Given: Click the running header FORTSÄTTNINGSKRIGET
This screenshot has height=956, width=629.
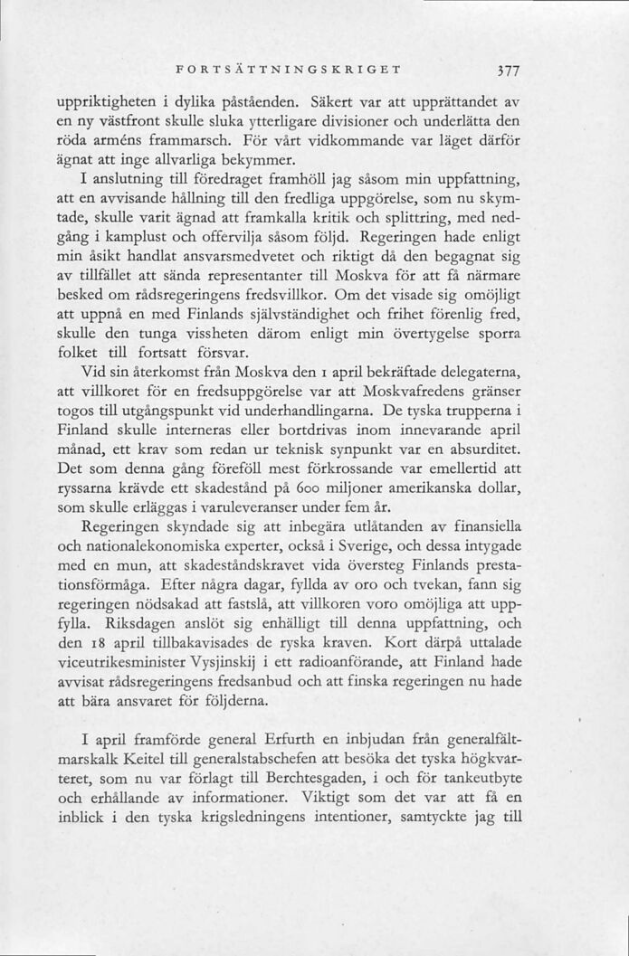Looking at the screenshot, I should click(x=290, y=69).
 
